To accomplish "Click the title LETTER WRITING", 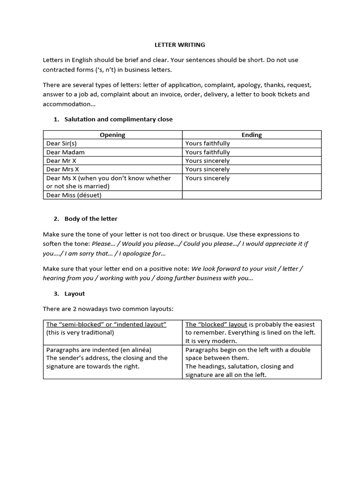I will (180, 45).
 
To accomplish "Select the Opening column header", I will (112, 135).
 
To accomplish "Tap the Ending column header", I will (252, 135).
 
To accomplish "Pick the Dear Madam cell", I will (66, 152).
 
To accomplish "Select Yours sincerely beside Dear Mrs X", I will (207, 169).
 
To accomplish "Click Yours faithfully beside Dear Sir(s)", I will (207, 143).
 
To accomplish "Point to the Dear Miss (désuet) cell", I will (74, 195).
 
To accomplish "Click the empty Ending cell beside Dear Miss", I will (252, 195).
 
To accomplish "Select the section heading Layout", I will (75, 294).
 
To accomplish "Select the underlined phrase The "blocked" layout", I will (216, 324).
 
